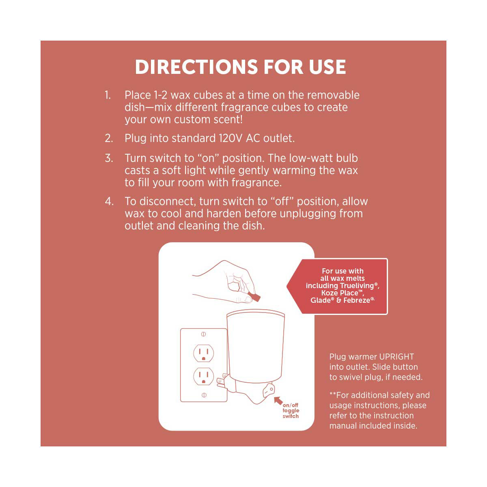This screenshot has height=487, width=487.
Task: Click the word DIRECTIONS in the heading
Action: click(x=197, y=67)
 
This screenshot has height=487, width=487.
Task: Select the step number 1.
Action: click(x=108, y=95)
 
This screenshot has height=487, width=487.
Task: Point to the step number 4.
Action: click(x=109, y=201)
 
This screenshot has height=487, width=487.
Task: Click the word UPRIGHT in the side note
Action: click(x=396, y=357)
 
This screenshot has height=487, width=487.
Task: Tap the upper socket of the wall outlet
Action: click(x=203, y=353)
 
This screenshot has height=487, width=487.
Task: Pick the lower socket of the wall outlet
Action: click(x=203, y=376)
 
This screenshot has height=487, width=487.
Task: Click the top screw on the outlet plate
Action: click(x=203, y=334)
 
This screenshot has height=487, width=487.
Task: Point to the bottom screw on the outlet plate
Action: click(x=204, y=395)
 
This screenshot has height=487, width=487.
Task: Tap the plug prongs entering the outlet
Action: click(x=221, y=382)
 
